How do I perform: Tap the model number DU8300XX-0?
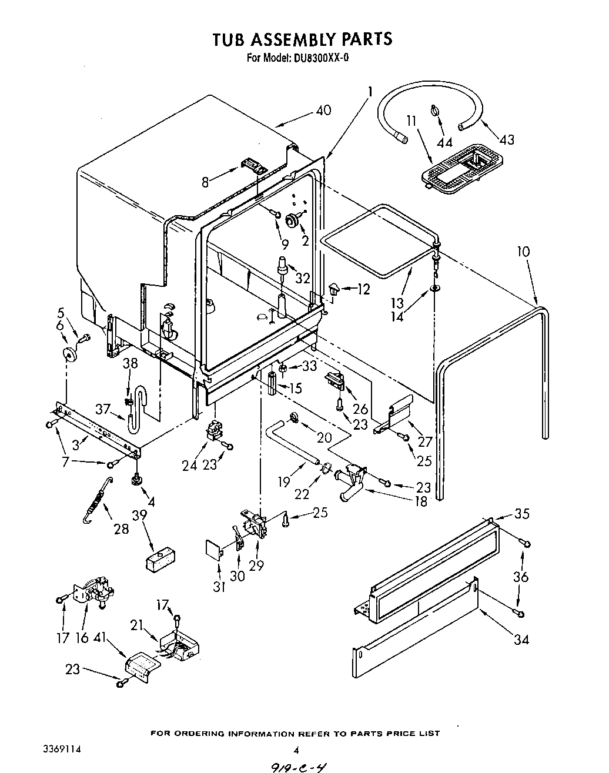point(322,58)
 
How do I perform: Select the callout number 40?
point(323,110)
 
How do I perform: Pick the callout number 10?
point(523,252)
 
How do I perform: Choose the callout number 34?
point(521,639)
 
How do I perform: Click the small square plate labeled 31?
point(214,549)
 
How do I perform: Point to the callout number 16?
point(83,638)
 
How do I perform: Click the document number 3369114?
point(62,749)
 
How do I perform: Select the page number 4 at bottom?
point(296,749)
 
